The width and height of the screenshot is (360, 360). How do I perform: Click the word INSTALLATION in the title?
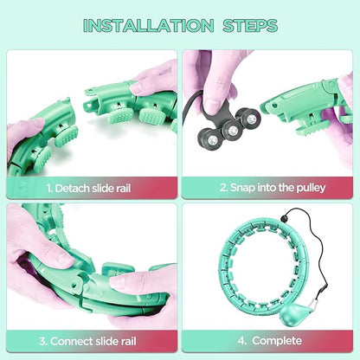(148, 25)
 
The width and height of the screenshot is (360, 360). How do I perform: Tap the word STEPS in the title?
(250, 25)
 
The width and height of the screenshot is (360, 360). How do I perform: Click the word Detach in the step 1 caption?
(72, 189)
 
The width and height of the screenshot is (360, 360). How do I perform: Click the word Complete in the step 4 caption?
(277, 341)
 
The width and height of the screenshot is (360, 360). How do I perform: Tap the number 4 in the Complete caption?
(241, 341)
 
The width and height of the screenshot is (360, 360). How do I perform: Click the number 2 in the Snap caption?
(224, 188)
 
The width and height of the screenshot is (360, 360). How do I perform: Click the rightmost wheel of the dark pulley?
(250, 118)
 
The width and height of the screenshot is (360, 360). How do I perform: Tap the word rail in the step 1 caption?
(124, 189)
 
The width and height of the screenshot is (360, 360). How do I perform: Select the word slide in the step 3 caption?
(106, 342)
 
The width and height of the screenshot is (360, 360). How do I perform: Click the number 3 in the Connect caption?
(43, 342)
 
